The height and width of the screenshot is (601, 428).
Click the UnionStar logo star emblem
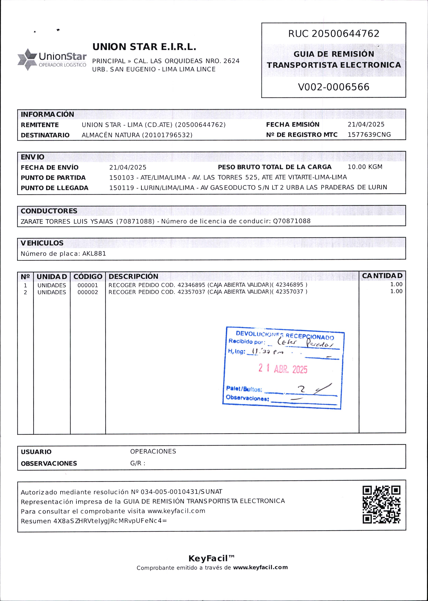click(x=27, y=59)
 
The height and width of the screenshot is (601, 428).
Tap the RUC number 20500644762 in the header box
click(x=345, y=33)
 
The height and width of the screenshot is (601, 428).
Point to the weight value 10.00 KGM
click(x=365, y=167)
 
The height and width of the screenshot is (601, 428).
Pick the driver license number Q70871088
click(x=292, y=221)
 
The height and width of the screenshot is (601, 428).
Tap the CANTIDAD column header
click(x=382, y=276)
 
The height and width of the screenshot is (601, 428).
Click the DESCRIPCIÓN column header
click(x=133, y=276)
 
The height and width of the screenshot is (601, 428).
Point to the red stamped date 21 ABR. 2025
click(x=283, y=369)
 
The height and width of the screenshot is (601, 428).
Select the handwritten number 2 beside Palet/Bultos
click(x=301, y=389)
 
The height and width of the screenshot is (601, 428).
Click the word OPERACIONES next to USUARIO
click(x=153, y=451)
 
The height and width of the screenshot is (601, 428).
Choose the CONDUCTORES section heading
click(x=49, y=211)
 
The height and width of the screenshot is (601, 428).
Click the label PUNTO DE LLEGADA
click(x=55, y=188)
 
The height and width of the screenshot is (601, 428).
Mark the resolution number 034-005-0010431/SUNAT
click(x=181, y=492)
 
